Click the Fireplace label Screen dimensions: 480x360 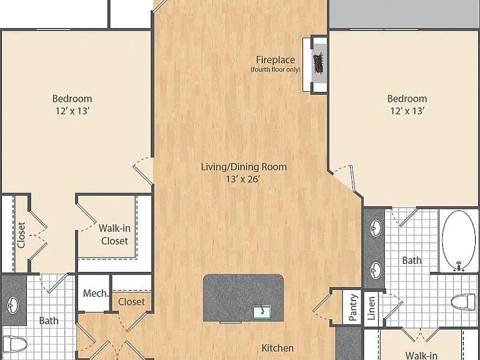click(276, 60)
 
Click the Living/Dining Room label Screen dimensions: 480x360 click(244, 167)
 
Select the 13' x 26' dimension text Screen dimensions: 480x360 click(242, 179)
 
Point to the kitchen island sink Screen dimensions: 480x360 click(261, 311)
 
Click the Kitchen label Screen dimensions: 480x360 click(277, 348)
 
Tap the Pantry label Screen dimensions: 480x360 click(353, 307)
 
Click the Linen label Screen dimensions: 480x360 click(371, 308)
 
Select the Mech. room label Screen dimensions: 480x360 click(96, 293)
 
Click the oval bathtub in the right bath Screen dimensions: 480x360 click(458, 241)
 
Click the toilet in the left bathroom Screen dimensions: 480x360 click(15, 344)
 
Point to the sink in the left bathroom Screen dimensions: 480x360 click(12, 305)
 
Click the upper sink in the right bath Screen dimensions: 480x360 click(376, 227)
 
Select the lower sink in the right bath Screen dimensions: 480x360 click(376, 270)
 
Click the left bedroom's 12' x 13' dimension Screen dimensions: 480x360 click(72, 111)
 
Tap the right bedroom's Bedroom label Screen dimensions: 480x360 click(407, 99)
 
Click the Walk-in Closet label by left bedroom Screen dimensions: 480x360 click(114, 234)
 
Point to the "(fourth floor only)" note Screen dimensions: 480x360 click(276, 69)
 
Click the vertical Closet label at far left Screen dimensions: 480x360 click(21, 235)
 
